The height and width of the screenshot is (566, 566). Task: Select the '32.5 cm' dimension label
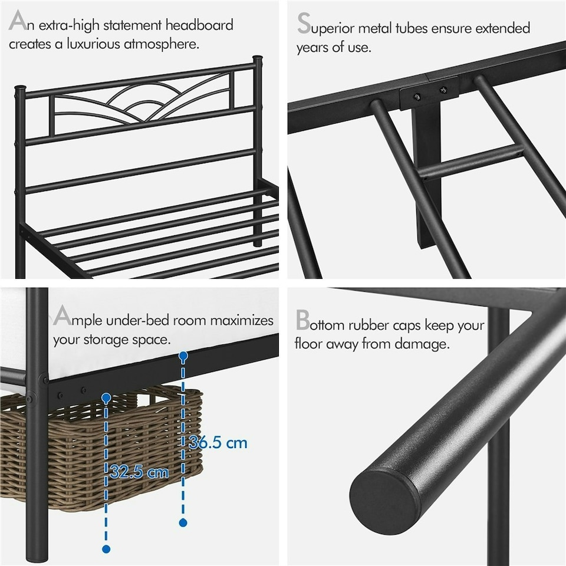[139, 472]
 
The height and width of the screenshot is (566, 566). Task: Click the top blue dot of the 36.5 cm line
[183, 356]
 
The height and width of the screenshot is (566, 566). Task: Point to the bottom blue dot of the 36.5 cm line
[183, 522]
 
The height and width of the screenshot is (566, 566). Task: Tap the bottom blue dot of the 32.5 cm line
[106, 549]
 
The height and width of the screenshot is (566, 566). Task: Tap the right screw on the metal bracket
[442, 90]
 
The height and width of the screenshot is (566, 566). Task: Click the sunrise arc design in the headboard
[141, 100]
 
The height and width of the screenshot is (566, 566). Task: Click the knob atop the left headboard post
[20, 89]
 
